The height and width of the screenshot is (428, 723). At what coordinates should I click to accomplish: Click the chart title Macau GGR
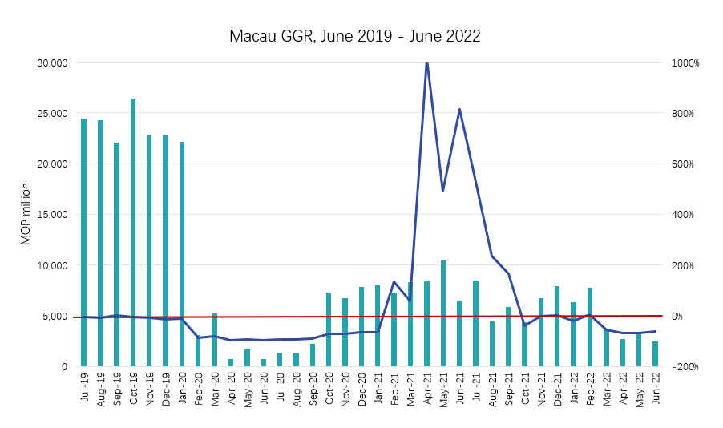click(x=354, y=36)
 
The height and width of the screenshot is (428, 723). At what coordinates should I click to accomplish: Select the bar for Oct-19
click(x=133, y=232)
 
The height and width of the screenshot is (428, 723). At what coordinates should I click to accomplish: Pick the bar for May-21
click(x=443, y=313)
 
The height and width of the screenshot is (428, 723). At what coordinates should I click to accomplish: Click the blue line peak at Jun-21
click(x=459, y=109)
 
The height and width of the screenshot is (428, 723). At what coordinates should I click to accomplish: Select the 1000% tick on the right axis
click(x=685, y=63)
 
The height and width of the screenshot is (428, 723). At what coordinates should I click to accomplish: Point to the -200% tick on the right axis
click(x=685, y=366)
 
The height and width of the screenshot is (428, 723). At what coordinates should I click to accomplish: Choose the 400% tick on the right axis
click(x=686, y=215)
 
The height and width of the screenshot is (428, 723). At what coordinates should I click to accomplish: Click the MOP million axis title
click(x=26, y=215)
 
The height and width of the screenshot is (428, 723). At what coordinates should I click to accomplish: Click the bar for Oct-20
click(x=329, y=329)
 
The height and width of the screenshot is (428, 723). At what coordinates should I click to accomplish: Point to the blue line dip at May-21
click(x=443, y=191)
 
